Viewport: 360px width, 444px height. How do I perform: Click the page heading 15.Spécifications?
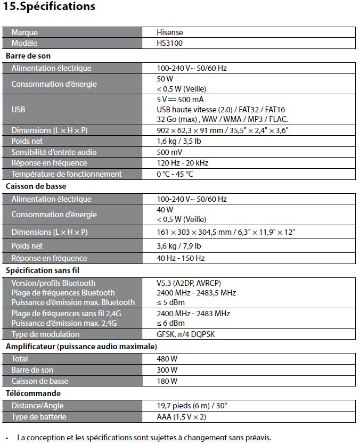point(49,7)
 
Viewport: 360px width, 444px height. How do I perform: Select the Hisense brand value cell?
point(170,32)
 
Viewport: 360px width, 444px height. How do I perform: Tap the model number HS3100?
point(170,43)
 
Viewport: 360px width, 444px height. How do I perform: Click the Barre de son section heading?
point(28,55)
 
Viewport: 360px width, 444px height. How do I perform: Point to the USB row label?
point(18,109)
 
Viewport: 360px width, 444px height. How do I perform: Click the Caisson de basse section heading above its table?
point(36,186)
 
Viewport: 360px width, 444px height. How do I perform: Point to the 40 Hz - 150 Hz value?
point(181,258)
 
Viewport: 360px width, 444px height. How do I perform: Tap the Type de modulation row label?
point(45,334)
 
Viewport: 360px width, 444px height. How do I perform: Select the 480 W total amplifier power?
point(167,359)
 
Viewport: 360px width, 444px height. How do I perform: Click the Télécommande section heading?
point(33,393)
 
